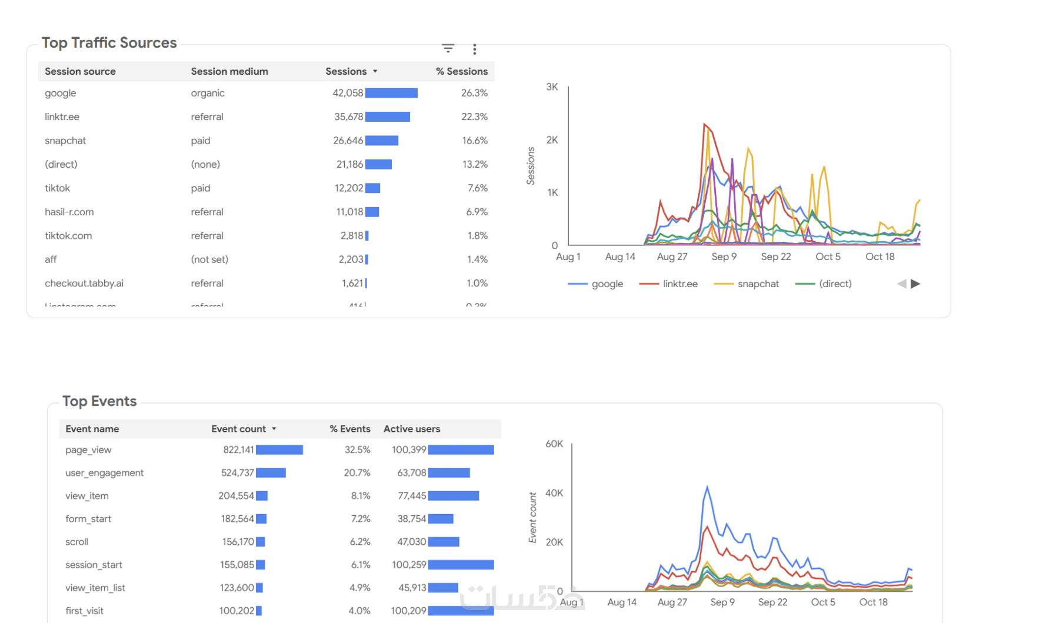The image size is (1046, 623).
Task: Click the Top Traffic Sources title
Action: coord(109,43)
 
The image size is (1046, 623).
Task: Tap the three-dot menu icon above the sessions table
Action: coord(474,49)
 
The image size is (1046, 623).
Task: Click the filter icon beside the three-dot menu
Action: coord(448,48)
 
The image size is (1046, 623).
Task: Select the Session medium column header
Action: coord(229,71)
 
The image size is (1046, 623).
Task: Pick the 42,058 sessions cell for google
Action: coord(347,93)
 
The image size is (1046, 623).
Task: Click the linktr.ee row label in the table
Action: coord(62,116)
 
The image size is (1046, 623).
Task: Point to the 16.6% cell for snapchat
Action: coord(474,141)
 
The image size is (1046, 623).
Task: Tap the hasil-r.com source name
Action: coord(69,212)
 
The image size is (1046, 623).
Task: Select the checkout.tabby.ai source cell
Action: coord(84,283)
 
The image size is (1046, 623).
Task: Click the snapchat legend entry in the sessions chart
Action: coord(757,284)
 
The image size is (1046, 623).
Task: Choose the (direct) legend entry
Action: coord(834,284)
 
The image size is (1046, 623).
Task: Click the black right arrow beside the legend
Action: coord(915,284)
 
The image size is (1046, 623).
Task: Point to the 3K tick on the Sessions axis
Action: coord(552,87)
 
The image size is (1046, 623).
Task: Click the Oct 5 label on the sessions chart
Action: coord(827,256)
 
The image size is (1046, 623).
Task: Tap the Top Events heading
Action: coord(99,401)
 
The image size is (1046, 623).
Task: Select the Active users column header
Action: coord(411,429)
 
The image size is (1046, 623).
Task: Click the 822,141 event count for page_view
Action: coord(238,450)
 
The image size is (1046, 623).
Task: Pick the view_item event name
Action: coord(86,496)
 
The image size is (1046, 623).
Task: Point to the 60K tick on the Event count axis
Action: coord(554,444)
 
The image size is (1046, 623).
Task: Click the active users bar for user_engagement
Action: coord(448,473)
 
